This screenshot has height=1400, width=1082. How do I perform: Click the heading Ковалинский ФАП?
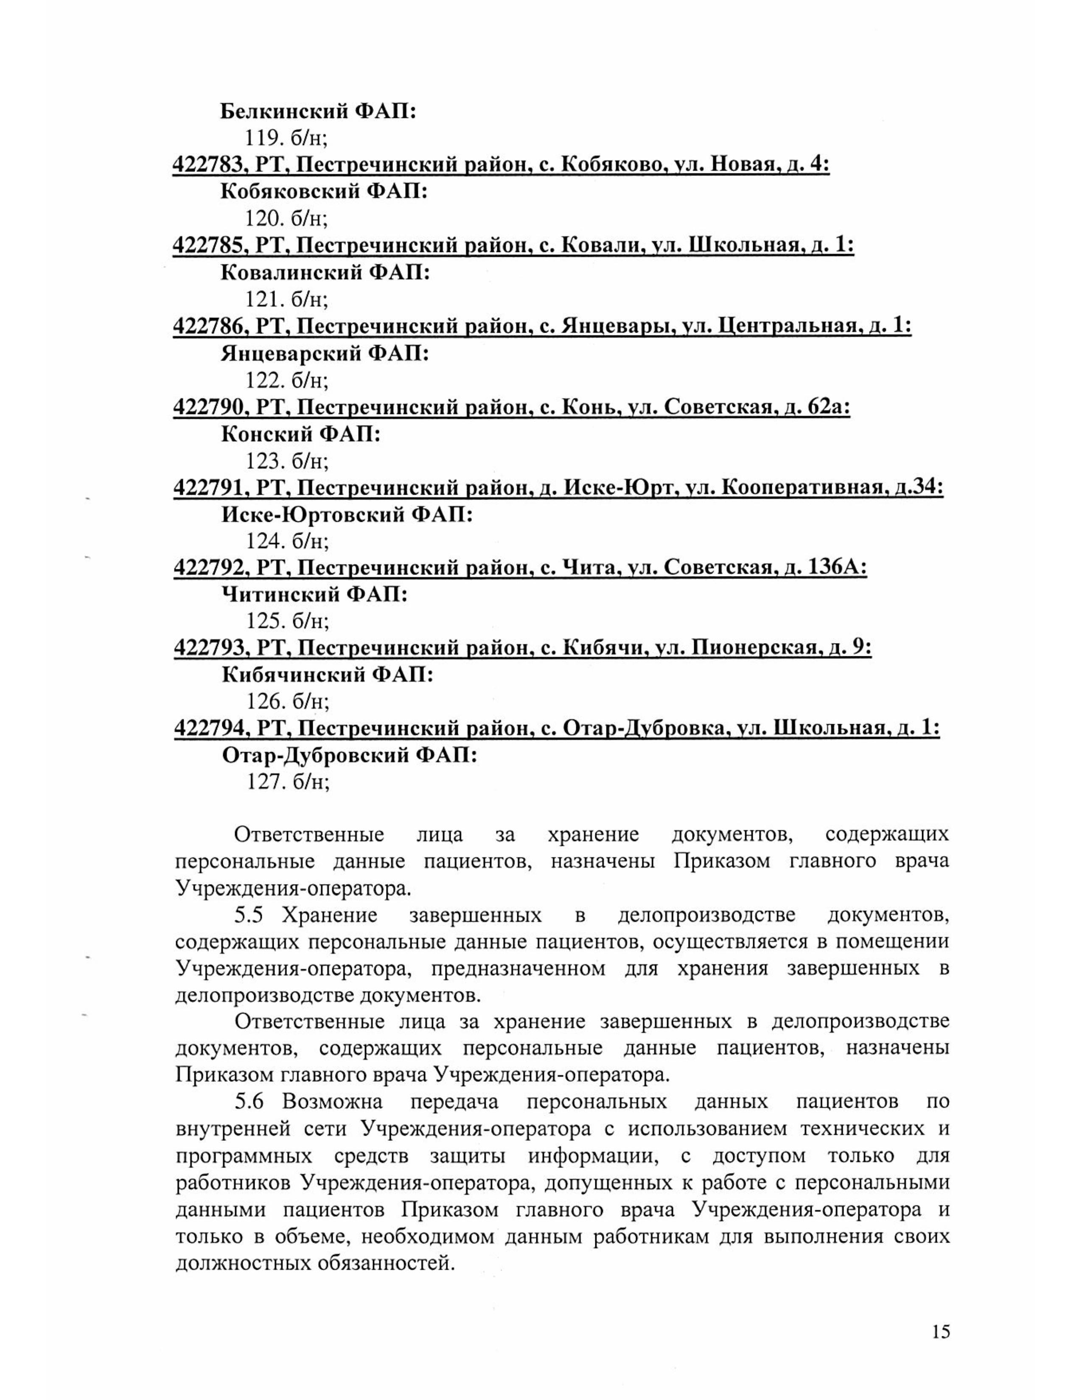[325, 273]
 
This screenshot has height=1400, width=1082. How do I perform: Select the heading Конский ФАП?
[301, 434]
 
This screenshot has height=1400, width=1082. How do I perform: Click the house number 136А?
[837, 568]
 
